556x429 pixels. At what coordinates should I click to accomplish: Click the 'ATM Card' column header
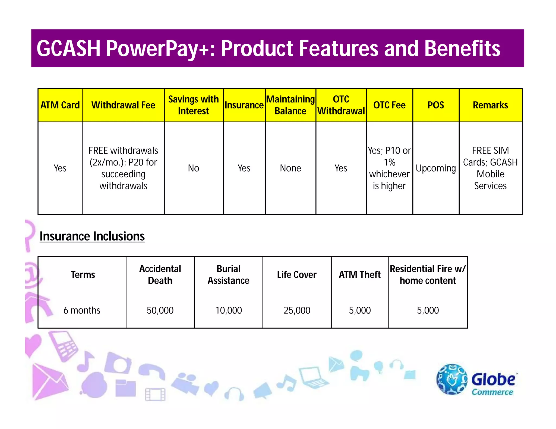point(60,105)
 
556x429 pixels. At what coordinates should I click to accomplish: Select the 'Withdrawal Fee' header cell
point(123,105)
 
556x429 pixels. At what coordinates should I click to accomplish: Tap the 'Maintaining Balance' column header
point(290,105)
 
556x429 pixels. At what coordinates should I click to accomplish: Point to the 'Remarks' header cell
point(490,105)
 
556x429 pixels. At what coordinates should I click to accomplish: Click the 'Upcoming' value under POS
point(435,168)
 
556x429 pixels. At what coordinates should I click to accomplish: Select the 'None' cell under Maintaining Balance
point(290,168)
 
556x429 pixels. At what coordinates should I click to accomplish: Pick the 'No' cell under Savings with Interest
point(193,168)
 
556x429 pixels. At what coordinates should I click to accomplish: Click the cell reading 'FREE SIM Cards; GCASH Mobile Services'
point(490,168)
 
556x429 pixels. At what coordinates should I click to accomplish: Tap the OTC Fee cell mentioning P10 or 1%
point(389,168)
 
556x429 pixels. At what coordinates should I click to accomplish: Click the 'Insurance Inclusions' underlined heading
point(92,236)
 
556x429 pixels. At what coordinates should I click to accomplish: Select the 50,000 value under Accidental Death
point(160,310)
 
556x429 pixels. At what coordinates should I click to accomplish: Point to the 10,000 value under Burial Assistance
point(228,310)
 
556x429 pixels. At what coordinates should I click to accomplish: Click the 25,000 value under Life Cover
point(297,310)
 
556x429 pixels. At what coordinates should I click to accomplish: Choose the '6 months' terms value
point(82,310)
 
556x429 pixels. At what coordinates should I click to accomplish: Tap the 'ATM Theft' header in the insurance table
point(359,275)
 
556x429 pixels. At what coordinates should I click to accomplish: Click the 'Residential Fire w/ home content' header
point(428,275)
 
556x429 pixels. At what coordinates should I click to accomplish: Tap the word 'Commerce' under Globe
point(492,392)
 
